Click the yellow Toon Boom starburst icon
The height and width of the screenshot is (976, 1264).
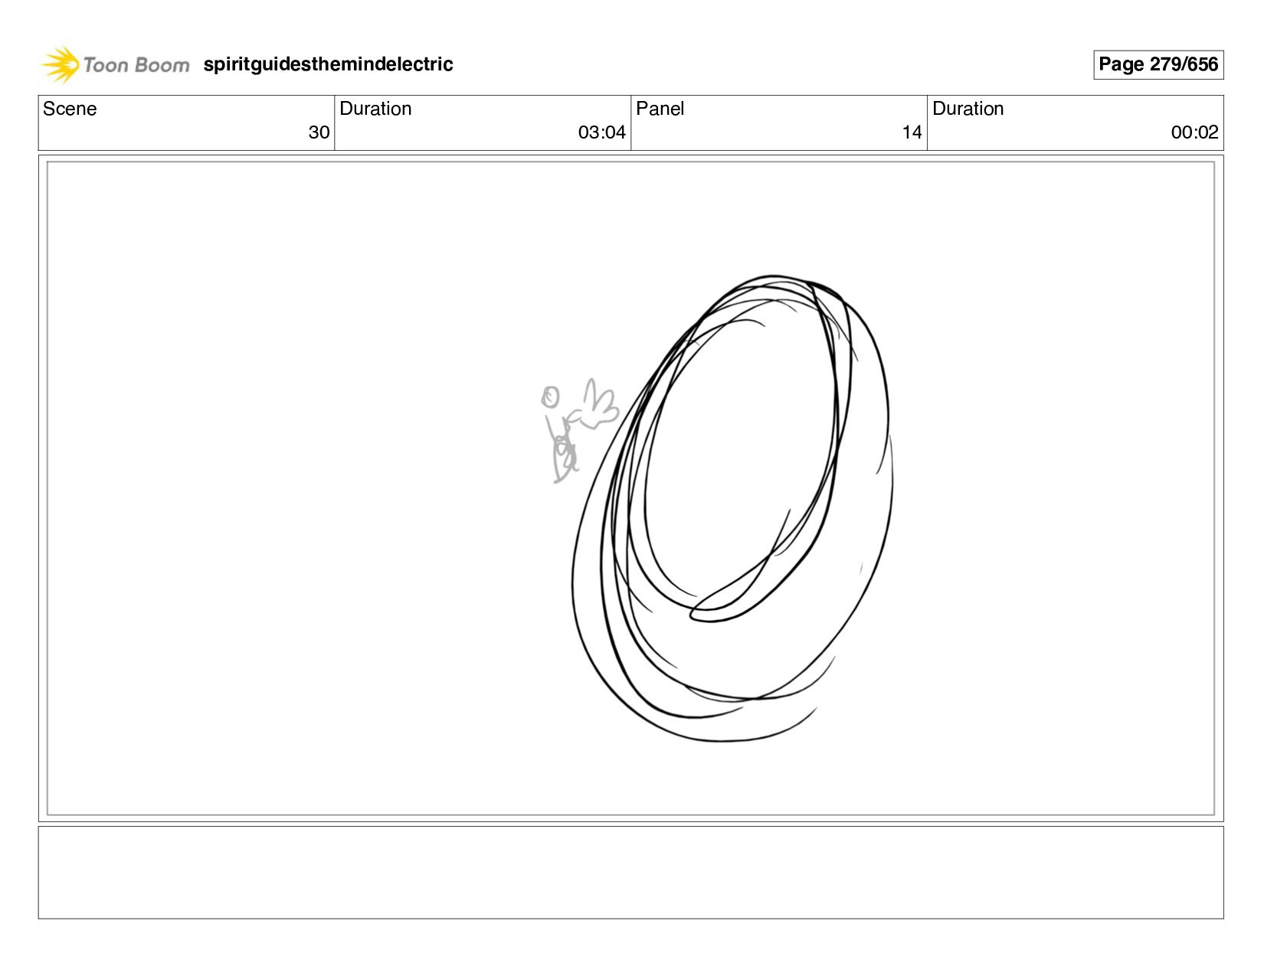[x=60, y=64]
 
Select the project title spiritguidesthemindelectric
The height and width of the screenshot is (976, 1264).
[x=327, y=64]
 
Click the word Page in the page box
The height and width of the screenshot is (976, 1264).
[x=1120, y=64]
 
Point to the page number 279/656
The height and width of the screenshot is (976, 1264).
[x=1183, y=64]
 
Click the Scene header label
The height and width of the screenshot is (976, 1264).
[x=70, y=109]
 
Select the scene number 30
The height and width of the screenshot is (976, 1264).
[x=319, y=132]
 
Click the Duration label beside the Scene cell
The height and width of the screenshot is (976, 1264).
[x=375, y=109]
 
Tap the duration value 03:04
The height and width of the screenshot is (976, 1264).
[x=601, y=132]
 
